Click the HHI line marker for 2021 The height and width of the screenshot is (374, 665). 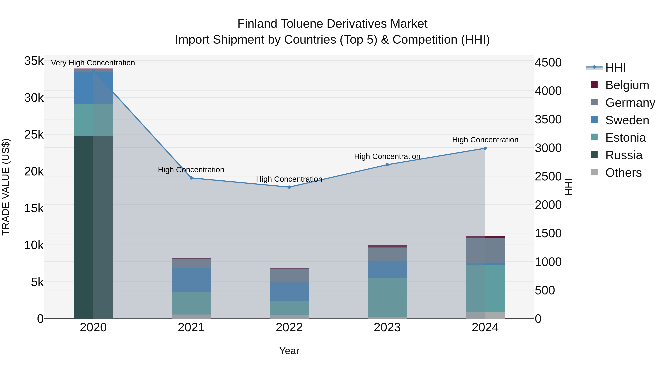(x=191, y=178)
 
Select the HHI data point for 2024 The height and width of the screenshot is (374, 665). (x=485, y=148)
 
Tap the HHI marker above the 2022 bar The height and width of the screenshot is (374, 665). (x=289, y=187)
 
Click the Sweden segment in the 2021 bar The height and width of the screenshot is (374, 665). (x=191, y=280)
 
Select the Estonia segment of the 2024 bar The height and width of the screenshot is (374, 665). (x=485, y=288)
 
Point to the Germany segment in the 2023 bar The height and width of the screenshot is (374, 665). (x=387, y=254)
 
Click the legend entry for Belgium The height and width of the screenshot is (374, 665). (x=627, y=85)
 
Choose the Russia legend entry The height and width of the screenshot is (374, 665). (x=623, y=155)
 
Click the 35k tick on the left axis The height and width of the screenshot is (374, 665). (x=34, y=61)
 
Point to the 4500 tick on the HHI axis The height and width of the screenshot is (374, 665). (x=548, y=62)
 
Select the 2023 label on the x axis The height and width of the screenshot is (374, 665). (x=387, y=327)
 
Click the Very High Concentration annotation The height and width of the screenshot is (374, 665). (x=93, y=63)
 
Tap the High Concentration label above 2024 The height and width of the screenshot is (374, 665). (x=485, y=140)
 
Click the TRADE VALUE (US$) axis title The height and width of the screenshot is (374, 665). (x=6, y=187)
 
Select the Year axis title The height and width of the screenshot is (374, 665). (x=289, y=351)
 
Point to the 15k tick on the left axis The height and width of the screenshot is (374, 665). (x=34, y=208)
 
